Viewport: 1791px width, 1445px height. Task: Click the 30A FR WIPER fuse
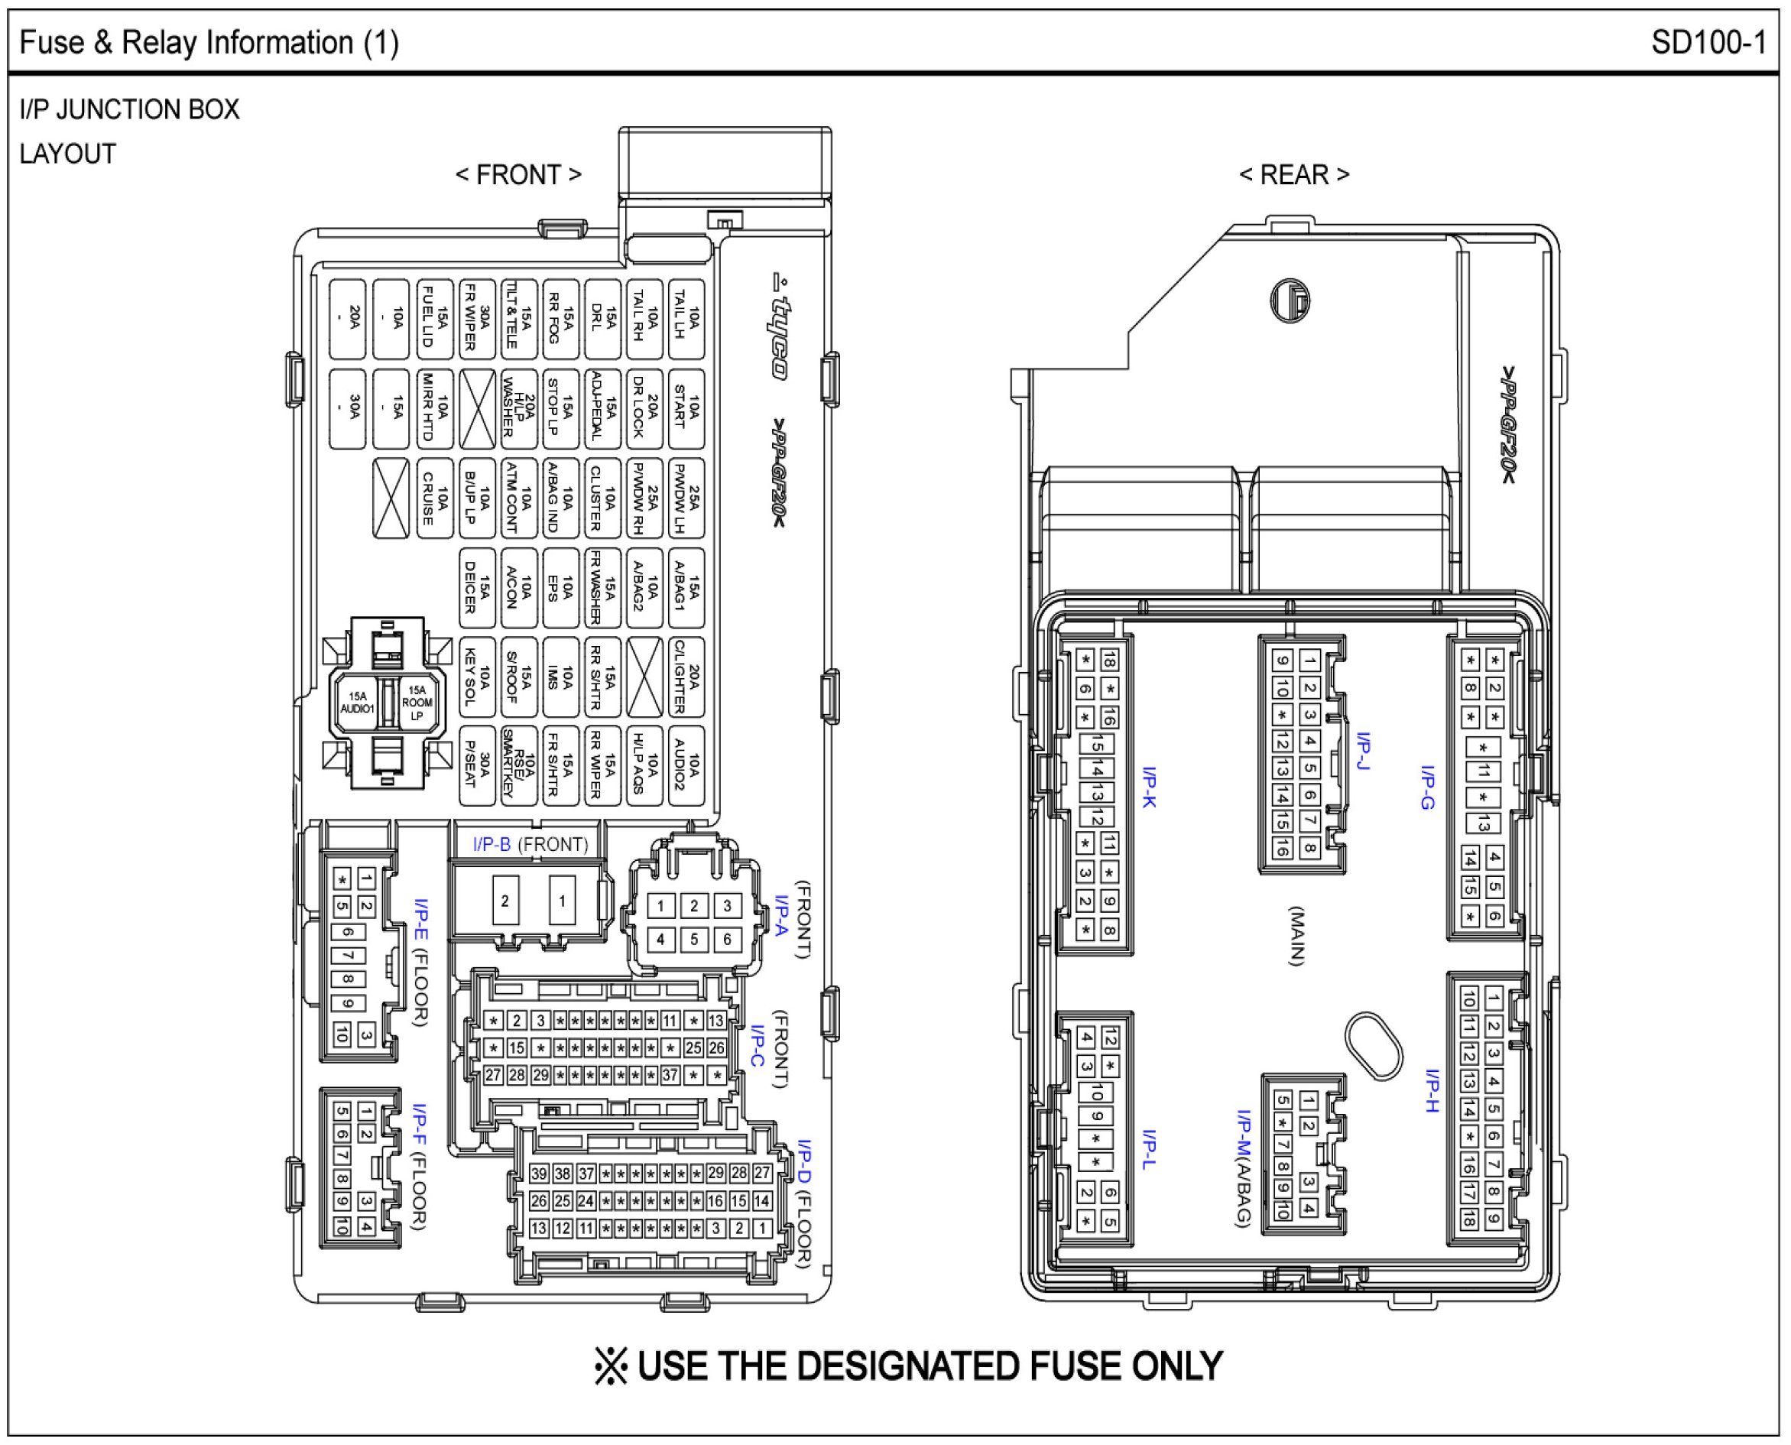point(477,319)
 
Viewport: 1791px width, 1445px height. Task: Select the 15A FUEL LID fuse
point(434,319)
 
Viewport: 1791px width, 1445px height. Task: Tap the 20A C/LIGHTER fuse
point(686,677)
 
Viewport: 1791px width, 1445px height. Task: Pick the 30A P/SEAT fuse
point(477,767)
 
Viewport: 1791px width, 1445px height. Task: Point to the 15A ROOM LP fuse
point(417,703)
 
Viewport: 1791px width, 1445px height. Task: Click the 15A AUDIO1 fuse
point(358,703)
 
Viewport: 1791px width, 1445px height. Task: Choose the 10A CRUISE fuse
point(434,498)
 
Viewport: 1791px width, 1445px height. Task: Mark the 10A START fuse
point(686,409)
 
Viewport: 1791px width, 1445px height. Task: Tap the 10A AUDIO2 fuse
point(686,767)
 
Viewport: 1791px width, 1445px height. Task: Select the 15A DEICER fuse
point(477,588)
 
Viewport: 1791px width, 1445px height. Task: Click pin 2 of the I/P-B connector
point(505,901)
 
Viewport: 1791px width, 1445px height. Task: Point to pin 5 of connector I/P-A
point(694,940)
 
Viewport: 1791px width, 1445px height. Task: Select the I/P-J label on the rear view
point(1363,751)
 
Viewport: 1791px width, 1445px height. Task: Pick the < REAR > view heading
point(1294,175)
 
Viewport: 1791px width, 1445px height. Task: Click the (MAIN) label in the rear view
point(1296,936)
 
